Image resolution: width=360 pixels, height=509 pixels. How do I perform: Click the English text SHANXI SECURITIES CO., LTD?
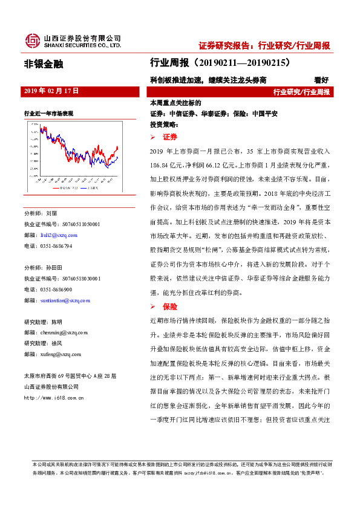pos(82,45)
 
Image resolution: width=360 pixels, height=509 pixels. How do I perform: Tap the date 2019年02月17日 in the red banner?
pos(51,91)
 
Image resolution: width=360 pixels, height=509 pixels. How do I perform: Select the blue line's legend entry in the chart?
pos(91,188)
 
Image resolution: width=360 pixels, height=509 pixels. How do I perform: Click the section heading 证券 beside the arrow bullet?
pos(171,137)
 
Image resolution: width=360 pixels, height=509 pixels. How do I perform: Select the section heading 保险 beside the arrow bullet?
pos(171,307)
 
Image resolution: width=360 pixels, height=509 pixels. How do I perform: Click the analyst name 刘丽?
pos(51,213)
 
